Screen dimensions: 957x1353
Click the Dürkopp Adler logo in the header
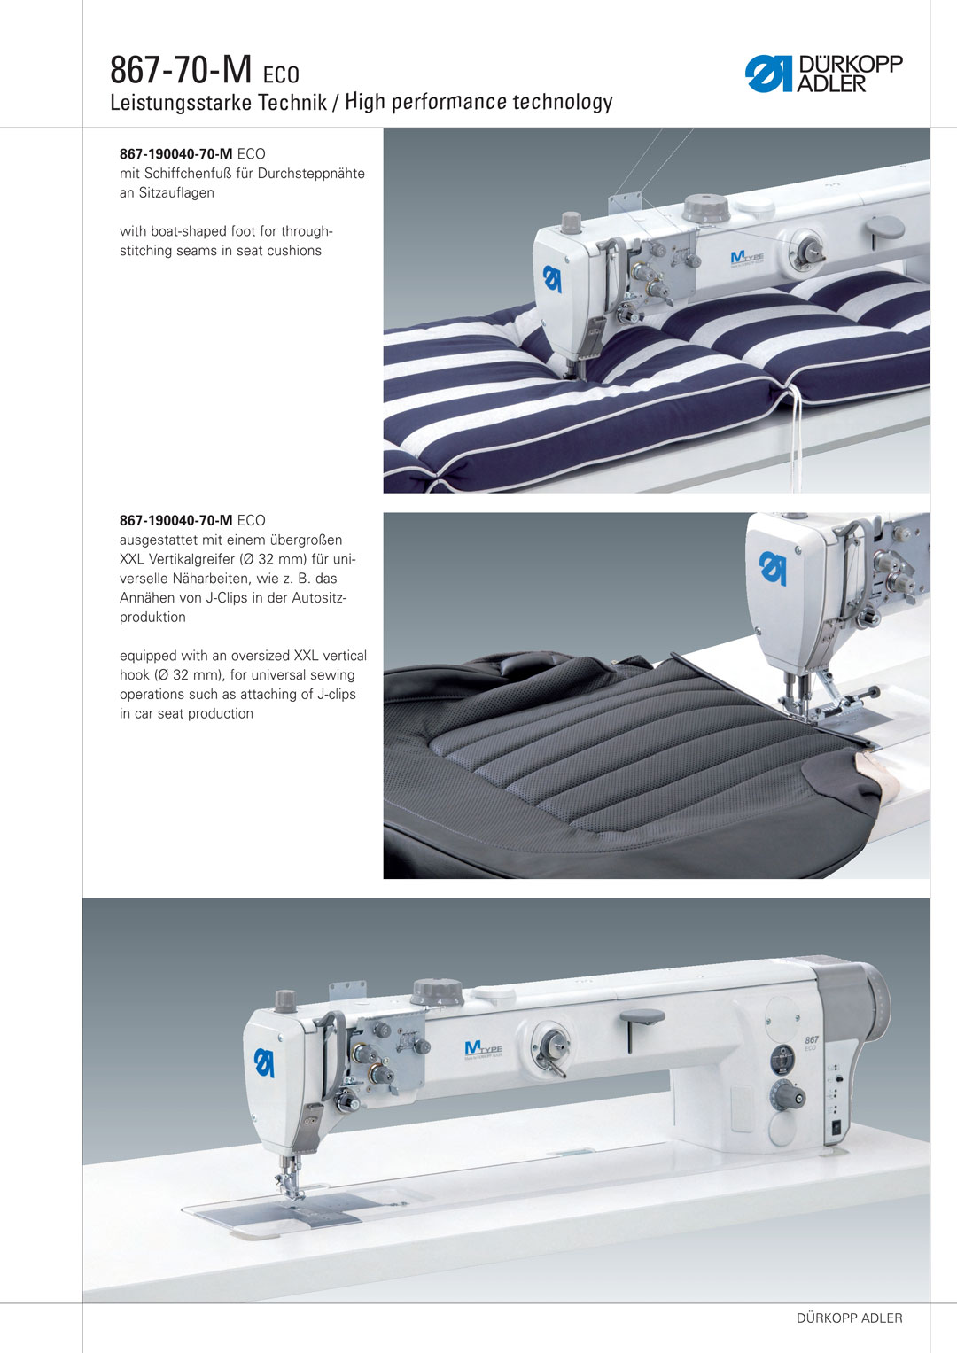click(823, 74)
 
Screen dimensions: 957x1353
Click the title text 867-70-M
click(181, 70)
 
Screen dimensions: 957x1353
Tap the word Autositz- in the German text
click(319, 598)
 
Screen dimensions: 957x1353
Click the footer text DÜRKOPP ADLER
click(850, 1318)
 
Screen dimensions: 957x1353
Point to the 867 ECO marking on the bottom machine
click(812, 1043)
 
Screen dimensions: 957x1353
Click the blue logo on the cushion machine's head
click(552, 278)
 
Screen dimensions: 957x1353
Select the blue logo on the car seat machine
click(774, 568)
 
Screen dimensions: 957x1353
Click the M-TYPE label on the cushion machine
click(747, 259)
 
